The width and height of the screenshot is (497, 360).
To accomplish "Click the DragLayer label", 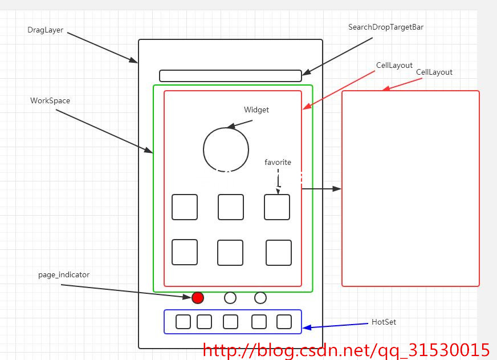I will (45, 30).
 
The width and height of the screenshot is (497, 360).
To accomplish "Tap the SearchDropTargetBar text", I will (386, 27).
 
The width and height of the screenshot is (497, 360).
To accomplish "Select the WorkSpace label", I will (50, 101).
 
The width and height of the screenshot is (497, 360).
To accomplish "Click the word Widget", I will (256, 110).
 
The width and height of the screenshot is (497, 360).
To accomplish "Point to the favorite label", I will (278, 163).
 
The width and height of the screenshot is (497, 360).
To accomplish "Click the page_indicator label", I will (64, 275).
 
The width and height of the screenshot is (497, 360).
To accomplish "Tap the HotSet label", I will (384, 322).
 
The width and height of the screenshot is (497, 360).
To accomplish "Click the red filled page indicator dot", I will (198, 298).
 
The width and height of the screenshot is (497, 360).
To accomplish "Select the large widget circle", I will (226, 149).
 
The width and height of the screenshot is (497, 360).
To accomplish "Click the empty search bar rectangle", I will (230, 76).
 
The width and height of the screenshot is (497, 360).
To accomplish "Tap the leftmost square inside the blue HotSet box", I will (183, 322).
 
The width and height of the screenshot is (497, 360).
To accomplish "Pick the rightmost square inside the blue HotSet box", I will (284, 322).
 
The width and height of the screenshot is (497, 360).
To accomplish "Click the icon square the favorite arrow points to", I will (277, 207).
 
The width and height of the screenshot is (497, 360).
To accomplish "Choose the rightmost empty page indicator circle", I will (260, 298).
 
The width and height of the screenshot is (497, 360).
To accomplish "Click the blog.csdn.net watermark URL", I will (346, 350).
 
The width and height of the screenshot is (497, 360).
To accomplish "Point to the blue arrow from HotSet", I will (336, 326).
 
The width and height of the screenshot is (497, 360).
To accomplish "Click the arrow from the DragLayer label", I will (103, 47).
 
